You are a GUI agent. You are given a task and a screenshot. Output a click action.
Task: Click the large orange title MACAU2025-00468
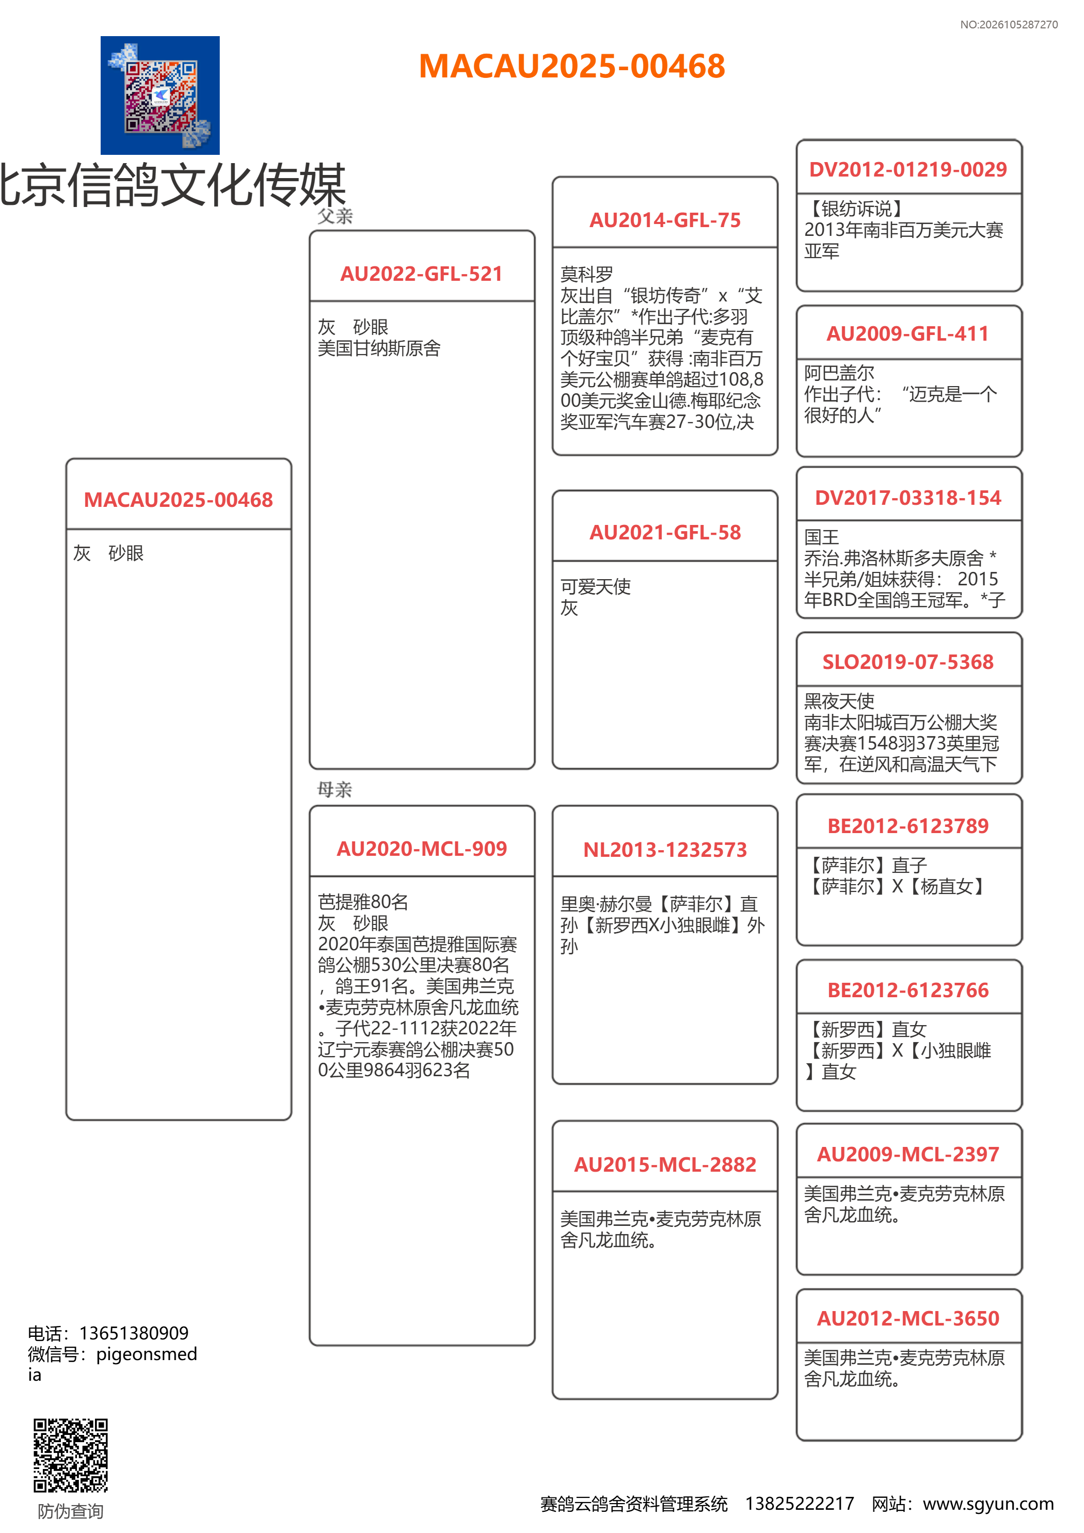tap(572, 66)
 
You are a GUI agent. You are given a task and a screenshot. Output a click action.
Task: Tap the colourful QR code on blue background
tap(161, 95)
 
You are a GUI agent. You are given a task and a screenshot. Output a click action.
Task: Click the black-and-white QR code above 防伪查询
tap(71, 1455)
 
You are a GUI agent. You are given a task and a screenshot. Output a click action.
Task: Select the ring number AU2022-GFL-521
tap(421, 274)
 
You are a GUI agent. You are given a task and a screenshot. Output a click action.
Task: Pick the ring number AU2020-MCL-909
tap(421, 849)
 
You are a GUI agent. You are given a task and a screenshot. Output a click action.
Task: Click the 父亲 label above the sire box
tap(334, 216)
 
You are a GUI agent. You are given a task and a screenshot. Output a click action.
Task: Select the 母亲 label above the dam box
tap(334, 790)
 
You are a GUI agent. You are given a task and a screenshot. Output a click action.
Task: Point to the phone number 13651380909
tap(134, 1333)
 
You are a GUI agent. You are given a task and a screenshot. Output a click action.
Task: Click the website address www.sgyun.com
tap(988, 1504)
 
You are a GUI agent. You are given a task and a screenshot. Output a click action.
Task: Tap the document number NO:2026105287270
tap(1009, 25)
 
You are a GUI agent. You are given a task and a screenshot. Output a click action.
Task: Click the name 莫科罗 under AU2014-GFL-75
tap(586, 275)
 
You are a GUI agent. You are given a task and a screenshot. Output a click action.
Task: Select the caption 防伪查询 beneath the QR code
tap(71, 1511)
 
